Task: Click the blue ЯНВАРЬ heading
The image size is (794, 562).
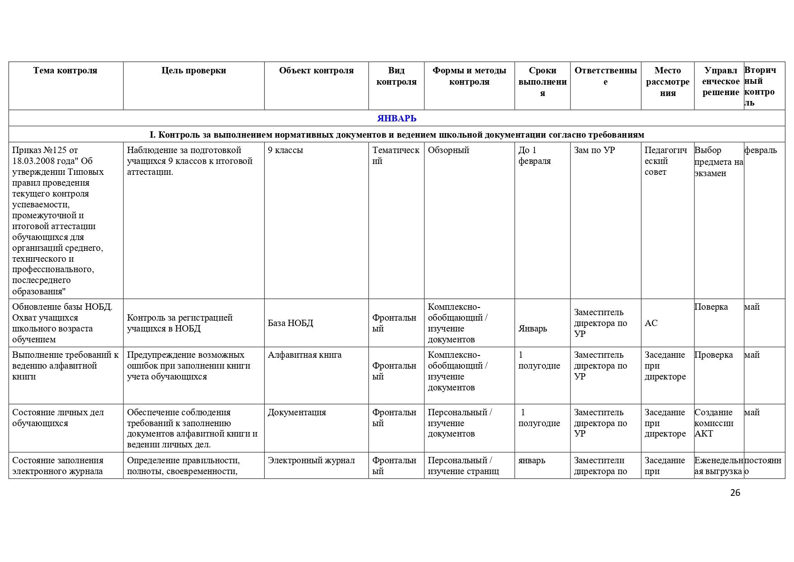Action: coord(396,118)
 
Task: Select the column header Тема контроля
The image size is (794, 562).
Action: coord(65,70)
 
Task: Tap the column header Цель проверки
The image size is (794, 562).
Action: coord(194,70)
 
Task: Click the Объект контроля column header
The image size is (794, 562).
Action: coord(316,70)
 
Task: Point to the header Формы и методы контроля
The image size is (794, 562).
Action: coord(469,76)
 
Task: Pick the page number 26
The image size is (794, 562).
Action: coord(735,493)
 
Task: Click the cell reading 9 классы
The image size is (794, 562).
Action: coord(285,150)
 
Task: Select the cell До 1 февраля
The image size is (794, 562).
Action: coord(534,155)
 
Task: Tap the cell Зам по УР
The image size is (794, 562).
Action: coord(594,150)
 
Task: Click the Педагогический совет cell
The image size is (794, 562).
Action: coord(666,161)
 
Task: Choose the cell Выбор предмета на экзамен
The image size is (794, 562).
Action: coord(718,161)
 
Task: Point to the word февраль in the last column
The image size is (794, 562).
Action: coord(761,150)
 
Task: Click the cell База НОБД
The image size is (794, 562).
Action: coord(290,323)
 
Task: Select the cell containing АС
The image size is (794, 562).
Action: coord(651,323)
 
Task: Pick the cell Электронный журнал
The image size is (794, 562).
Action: coord(311,460)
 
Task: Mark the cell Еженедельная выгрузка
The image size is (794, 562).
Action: coord(718,466)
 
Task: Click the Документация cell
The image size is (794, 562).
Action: coord(297,412)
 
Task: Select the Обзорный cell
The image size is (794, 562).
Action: coord(448,150)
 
